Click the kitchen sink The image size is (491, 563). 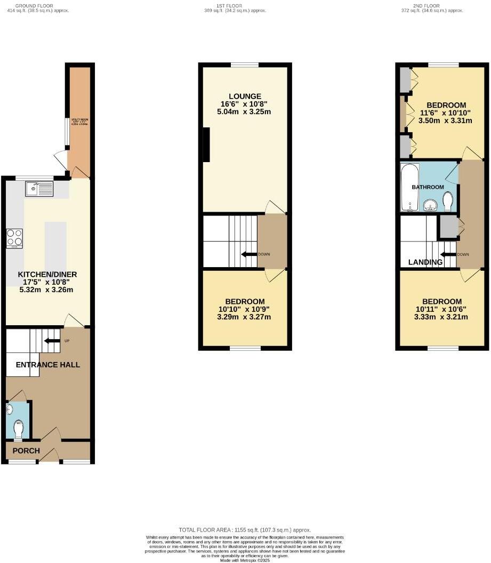tap(39, 189)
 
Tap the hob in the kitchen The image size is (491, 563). tap(14, 238)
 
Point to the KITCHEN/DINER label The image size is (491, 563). tap(47, 275)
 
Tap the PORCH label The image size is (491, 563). tap(26, 451)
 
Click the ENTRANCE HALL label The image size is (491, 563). tap(48, 365)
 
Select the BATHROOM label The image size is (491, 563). tap(428, 187)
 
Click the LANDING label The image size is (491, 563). tap(425, 262)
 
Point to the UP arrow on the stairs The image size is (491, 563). tap(51, 341)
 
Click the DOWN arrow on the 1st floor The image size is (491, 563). tap(248, 254)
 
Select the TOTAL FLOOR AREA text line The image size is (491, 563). tap(245, 529)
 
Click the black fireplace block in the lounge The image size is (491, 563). tap(206, 144)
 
